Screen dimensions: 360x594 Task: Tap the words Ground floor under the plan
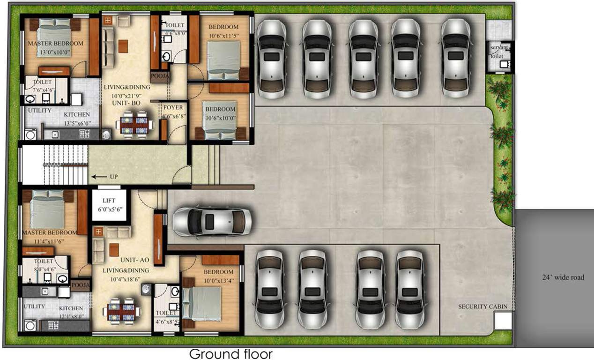[230, 353]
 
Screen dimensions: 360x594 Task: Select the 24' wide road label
[563, 277]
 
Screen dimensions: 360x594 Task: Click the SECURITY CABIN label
[482, 307]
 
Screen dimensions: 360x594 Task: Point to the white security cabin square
[503, 321]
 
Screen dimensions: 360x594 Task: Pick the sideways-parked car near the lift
[212, 222]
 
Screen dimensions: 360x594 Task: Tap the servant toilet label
[497, 52]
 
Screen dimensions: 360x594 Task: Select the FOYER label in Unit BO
[172, 107]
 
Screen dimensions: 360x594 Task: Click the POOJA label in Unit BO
[159, 76]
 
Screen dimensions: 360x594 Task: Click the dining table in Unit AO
[121, 310]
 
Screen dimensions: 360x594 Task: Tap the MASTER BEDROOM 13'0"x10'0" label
[55, 44]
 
